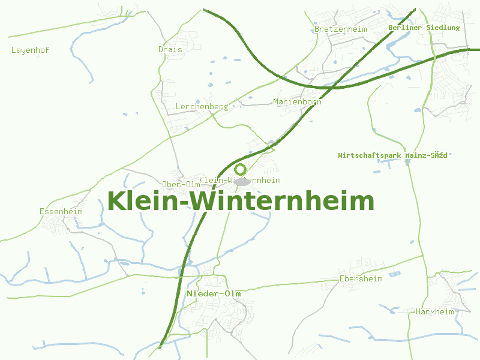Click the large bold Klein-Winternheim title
point(241,201)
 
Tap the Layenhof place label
point(30,50)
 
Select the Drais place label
point(170,49)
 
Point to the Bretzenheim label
point(340,29)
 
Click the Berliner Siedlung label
point(424,28)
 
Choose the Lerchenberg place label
point(202,106)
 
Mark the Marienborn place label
point(297,101)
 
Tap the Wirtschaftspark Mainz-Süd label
point(392,155)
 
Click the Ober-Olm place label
point(181,184)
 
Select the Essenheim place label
point(61,211)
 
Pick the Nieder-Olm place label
point(214,293)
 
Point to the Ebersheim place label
point(361,278)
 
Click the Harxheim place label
point(435,311)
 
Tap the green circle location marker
point(241,169)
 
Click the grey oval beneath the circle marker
point(241,181)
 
